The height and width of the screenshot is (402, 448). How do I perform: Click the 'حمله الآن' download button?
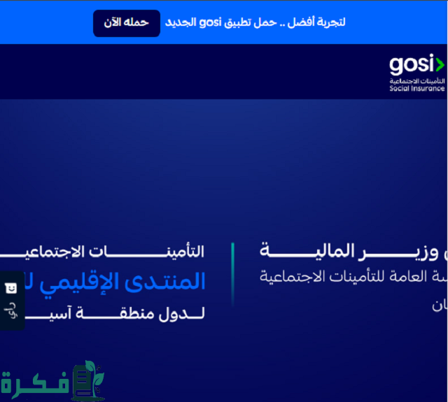pos(126,22)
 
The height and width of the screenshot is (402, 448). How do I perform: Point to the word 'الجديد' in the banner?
pos(180,22)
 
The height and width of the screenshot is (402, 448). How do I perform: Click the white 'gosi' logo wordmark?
pos(412,66)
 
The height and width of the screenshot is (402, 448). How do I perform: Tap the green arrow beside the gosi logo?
pos(440,66)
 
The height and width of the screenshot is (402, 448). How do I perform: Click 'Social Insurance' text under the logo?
pos(417,89)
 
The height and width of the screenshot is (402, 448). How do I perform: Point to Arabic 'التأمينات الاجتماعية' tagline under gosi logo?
pos(417,82)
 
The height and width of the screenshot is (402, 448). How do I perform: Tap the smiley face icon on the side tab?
pos(10,287)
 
